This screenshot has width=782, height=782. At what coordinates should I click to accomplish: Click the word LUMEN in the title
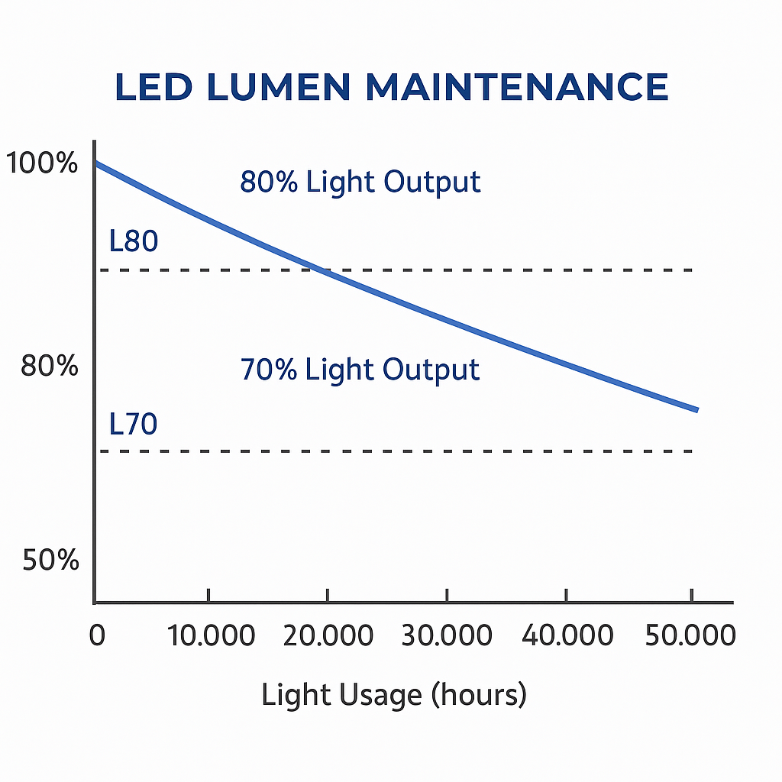(x=280, y=87)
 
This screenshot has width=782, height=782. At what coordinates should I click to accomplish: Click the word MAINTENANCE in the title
(x=516, y=87)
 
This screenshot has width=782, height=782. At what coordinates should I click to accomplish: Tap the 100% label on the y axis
(x=41, y=163)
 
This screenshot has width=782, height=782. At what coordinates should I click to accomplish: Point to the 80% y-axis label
(x=50, y=367)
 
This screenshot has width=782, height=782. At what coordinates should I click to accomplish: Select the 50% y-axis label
(x=50, y=561)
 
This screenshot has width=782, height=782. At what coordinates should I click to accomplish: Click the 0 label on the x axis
(x=97, y=635)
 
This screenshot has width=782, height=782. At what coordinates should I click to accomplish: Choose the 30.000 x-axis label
(x=447, y=635)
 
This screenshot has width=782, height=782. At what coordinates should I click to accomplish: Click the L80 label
(x=134, y=241)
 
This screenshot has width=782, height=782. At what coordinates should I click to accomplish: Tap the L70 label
(x=134, y=424)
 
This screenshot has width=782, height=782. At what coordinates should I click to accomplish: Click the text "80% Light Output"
(x=360, y=183)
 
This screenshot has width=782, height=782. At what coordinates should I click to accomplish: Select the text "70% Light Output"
(x=360, y=370)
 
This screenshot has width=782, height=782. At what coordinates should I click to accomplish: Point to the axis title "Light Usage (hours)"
(x=394, y=695)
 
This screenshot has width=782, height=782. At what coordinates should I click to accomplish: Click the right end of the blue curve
(x=696, y=410)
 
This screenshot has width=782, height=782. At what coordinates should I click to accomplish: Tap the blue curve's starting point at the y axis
(x=95, y=163)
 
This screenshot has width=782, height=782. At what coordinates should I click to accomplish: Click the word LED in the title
(x=153, y=87)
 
